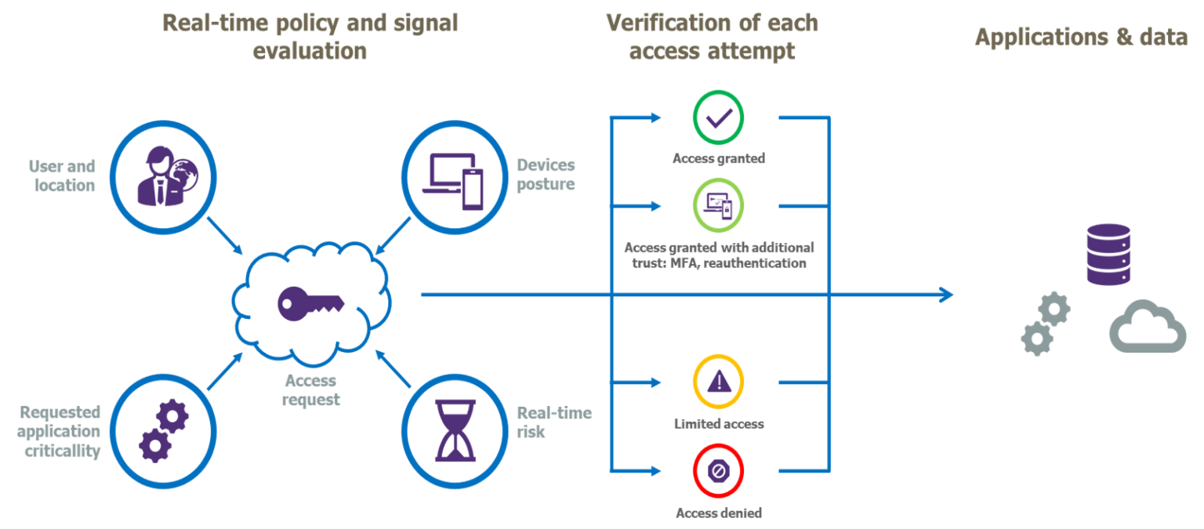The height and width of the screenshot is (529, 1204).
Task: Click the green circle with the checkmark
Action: point(718,118)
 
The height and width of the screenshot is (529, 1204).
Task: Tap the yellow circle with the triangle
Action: point(718,382)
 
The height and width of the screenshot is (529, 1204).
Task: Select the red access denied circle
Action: point(718,470)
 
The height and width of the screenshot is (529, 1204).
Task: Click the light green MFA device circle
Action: point(718,205)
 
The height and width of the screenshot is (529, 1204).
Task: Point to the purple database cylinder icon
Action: point(1108,254)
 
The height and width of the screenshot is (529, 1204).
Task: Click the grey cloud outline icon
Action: point(1146,329)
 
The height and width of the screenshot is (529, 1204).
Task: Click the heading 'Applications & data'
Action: point(1081,37)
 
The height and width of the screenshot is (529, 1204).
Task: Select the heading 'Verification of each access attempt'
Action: point(712,37)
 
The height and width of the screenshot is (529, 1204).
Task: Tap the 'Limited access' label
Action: point(718,424)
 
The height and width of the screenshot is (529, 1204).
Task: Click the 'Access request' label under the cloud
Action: point(311,390)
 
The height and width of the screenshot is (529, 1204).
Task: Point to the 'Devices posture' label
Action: point(546,175)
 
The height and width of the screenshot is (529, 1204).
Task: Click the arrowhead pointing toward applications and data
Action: point(947,295)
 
